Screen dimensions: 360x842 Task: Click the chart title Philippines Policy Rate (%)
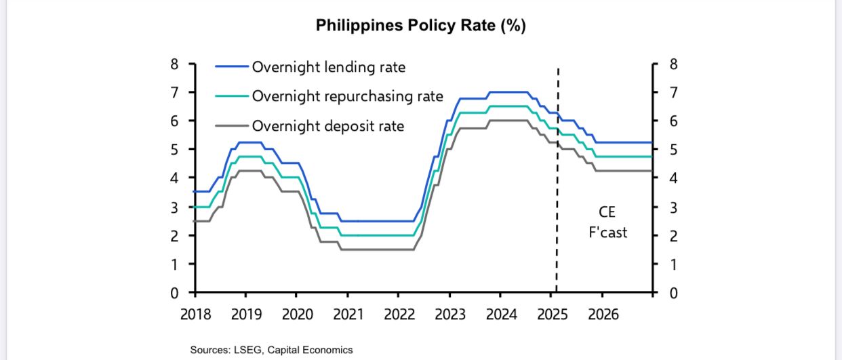click(x=420, y=26)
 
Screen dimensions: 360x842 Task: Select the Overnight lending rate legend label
click(x=329, y=66)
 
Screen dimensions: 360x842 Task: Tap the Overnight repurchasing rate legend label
click(x=347, y=96)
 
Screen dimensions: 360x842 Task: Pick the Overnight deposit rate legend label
click(x=327, y=125)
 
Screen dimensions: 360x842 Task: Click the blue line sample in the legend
click(x=232, y=66)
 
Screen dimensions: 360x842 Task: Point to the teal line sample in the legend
click(x=232, y=96)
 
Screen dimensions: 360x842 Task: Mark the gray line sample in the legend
click(x=232, y=125)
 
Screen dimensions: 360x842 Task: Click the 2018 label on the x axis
click(x=195, y=315)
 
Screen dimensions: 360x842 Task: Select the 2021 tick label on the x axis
click(x=348, y=315)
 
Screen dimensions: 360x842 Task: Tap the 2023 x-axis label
click(x=449, y=315)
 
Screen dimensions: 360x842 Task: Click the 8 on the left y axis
click(x=174, y=64)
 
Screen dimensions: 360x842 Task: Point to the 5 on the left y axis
click(x=174, y=150)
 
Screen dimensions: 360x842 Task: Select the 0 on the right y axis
click(x=673, y=294)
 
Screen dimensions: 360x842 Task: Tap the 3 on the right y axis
click(x=673, y=207)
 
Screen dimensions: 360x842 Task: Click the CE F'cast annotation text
click(x=607, y=222)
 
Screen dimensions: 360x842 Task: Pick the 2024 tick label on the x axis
click(x=500, y=315)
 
